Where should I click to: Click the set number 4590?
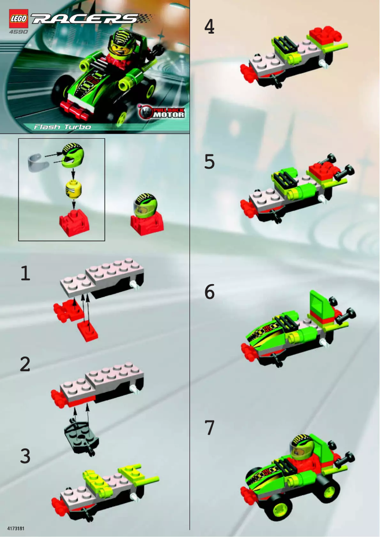point(18,32)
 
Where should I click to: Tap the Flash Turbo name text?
point(62,127)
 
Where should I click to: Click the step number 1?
point(25,273)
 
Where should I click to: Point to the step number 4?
point(209,27)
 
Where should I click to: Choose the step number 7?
point(209,428)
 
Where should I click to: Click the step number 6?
point(209,292)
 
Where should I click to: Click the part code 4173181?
point(16,527)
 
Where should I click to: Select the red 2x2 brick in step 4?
point(322,34)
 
